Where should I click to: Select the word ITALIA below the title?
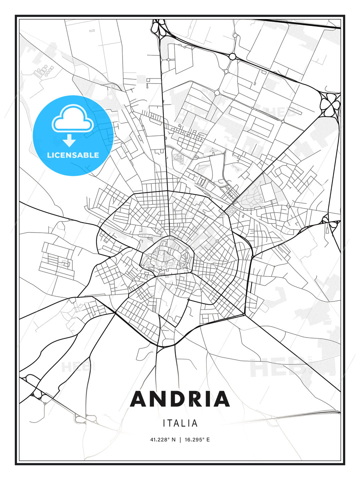click(x=180, y=423)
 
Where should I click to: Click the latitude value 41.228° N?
click(x=163, y=440)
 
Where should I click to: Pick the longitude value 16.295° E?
click(x=197, y=440)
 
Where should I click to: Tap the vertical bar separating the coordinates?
click(x=180, y=440)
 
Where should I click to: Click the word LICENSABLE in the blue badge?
click(x=73, y=155)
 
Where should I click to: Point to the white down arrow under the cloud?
click(x=70, y=141)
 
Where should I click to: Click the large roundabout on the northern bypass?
click(x=232, y=57)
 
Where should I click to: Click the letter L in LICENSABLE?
click(x=49, y=155)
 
